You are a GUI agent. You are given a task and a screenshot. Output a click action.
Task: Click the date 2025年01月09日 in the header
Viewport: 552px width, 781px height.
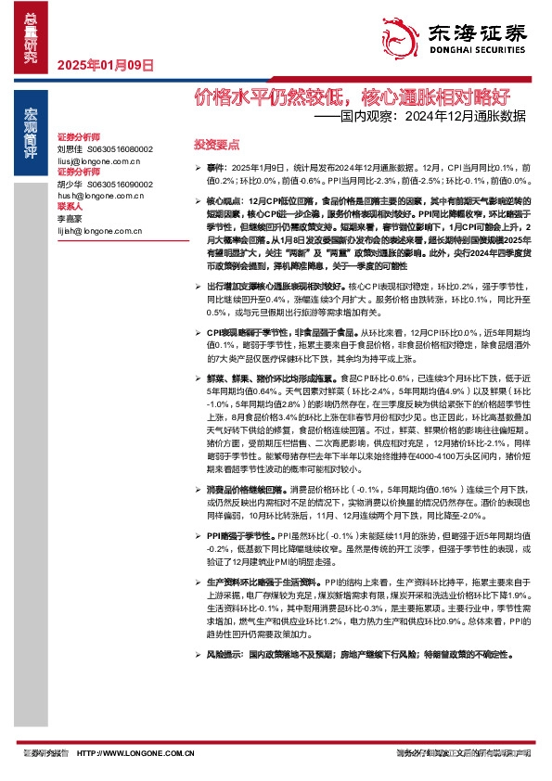tap(105, 65)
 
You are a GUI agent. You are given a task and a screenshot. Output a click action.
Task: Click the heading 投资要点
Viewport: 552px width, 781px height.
tap(216, 146)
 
